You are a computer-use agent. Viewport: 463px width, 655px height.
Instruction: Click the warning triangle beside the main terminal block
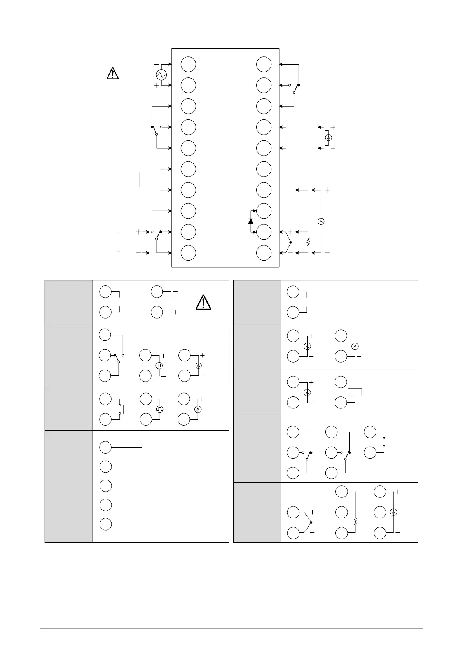[x=112, y=73]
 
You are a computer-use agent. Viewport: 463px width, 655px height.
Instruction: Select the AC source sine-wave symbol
[x=161, y=74]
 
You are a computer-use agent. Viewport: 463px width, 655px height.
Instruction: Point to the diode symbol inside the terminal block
[x=250, y=221]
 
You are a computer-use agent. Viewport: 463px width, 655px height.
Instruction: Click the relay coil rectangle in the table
[x=355, y=392]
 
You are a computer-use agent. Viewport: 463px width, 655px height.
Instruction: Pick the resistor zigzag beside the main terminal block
[x=308, y=242]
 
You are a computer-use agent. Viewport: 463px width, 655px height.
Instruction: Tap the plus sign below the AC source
[x=156, y=85]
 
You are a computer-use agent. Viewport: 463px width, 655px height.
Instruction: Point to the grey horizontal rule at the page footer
[x=231, y=628]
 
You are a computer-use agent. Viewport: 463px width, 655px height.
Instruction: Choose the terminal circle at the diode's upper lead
[x=264, y=211]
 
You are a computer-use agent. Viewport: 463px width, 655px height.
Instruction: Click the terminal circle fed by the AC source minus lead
[x=188, y=64]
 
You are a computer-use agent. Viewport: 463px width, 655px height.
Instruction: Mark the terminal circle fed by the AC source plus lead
[x=188, y=85]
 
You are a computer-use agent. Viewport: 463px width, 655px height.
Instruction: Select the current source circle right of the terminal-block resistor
[x=321, y=221]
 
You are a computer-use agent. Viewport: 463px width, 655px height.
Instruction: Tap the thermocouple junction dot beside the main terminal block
[x=291, y=242]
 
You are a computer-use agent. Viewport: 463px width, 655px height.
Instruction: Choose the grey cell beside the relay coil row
[x=257, y=391]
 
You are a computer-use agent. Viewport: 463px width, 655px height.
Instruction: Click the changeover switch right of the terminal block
[x=295, y=89]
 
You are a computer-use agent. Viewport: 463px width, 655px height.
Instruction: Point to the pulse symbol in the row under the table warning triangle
[x=159, y=365]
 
